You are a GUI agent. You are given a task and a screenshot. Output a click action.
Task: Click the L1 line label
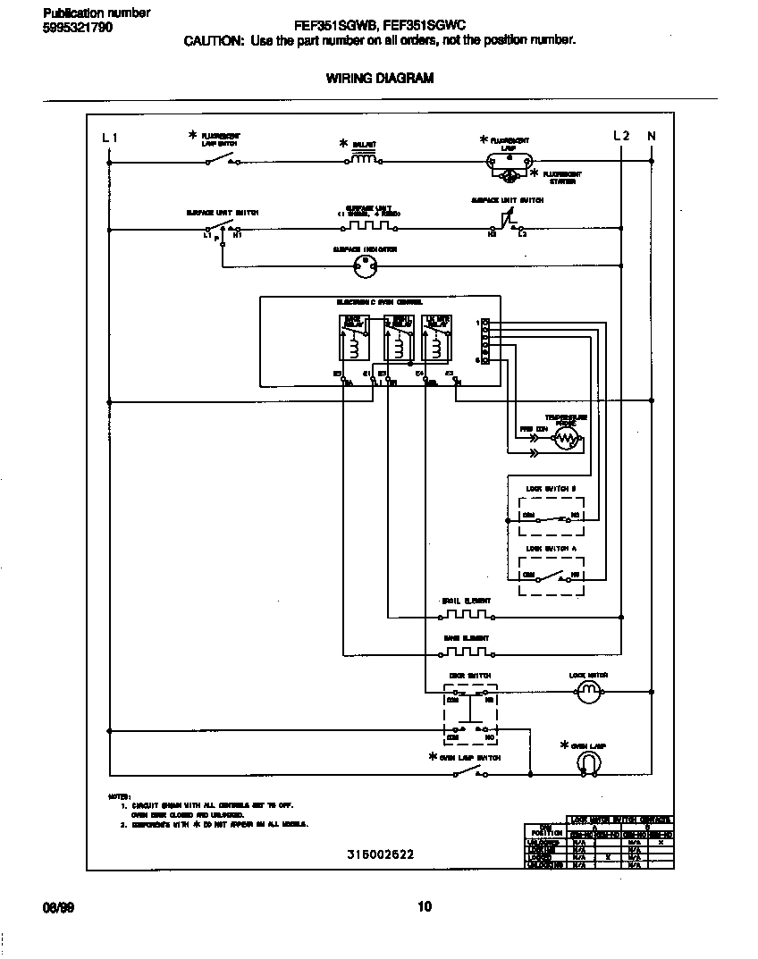(x=109, y=137)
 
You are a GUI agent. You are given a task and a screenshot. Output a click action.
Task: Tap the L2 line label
(x=621, y=136)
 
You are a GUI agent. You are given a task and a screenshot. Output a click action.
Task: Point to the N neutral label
(x=652, y=136)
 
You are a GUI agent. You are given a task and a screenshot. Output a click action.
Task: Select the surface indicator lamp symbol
(x=364, y=265)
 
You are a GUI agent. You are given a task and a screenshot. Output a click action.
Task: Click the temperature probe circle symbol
(x=566, y=438)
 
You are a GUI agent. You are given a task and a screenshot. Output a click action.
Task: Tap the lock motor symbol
(x=588, y=691)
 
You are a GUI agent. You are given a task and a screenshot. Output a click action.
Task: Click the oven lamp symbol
(x=589, y=761)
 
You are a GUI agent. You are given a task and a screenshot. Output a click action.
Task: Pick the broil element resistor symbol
(x=466, y=615)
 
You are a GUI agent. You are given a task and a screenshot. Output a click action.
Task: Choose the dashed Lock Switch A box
(x=552, y=575)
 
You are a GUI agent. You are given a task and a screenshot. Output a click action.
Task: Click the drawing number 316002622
(x=380, y=854)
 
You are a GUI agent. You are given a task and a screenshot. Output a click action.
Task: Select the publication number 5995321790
(x=78, y=27)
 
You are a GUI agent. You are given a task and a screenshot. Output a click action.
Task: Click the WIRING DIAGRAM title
(x=379, y=79)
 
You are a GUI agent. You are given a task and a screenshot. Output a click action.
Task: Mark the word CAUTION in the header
(x=213, y=40)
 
